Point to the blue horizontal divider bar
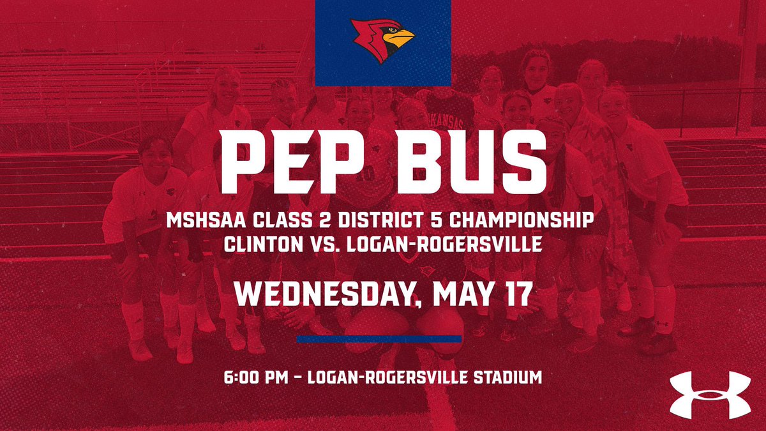(379, 339)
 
